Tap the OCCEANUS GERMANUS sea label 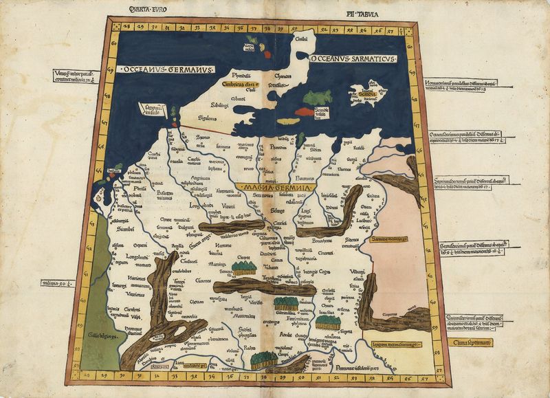tap(165, 70)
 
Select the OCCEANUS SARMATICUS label tap(351, 60)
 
